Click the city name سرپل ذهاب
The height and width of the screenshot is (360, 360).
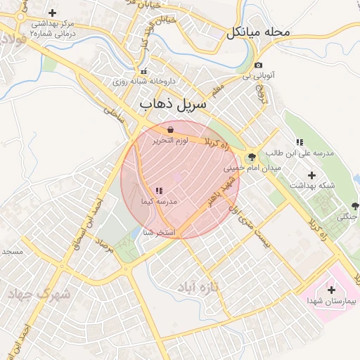pyautogui.click(x=173, y=104)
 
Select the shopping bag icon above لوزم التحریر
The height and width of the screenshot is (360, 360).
pyautogui.click(x=171, y=129)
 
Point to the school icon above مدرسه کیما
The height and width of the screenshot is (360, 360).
pyautogui.click(x=158, y=191)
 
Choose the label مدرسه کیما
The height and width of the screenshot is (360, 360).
pyautogui.click(x=158, y=202)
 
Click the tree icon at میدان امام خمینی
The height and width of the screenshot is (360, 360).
pyautogui.click(x=252, y=157)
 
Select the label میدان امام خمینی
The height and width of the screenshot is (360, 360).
pyautogui.click(x=243, y=169)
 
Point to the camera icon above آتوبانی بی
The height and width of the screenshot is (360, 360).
pyautogui.click(x=258, y=65)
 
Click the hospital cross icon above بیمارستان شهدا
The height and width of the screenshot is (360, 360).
pyautogui.click(x=331, y=289)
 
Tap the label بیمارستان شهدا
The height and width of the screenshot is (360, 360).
pyautogui.click(x=332, y=301)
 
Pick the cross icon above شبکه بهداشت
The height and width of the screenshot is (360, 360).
pyautogui.click(x=312, y=174)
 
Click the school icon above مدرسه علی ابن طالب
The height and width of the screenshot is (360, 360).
pyautogui.click(x=300, y=142)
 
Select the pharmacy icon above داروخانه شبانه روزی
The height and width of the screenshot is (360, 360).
pyautogui.click(x=144, y=71)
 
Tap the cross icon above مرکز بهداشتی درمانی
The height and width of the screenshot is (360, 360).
pyautogui.click(x=53, y=13)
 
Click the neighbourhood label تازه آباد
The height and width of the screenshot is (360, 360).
pyautogui.click(x=220, y=287)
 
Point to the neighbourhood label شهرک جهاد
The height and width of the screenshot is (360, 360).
pyautogui.click(x=39, y=295)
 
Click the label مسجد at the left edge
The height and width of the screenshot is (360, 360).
pyautogui.click(x=12, y=251)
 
